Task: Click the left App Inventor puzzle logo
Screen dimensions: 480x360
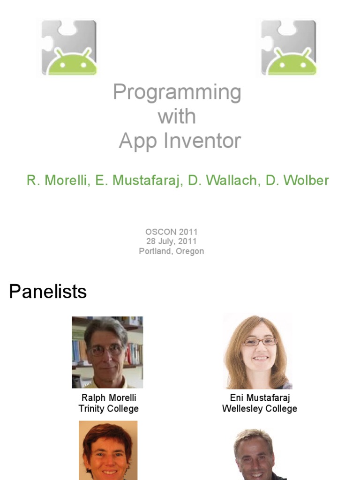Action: [x=69, y=48]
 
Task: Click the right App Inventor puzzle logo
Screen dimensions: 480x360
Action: [x=289, y=48]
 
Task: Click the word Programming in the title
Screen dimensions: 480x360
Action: [x=177, y=92]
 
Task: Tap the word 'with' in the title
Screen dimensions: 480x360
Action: [x=177, y=116]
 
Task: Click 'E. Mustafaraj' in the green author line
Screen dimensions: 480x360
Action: [x=138, y=180]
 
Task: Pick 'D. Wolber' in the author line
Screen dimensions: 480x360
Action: [x=297, y=180]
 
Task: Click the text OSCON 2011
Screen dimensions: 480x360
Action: [x=172, y=232]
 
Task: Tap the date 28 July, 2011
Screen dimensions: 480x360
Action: [x=172, y=241]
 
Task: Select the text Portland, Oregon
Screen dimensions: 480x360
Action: [x=172, y=251]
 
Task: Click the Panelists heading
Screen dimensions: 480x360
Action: [x=48, y=292]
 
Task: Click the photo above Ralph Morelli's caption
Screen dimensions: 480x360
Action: [x=107, y=352]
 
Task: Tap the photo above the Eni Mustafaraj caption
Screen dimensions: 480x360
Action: [x=258, y=352]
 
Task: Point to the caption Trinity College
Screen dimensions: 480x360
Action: [x=108, y=409]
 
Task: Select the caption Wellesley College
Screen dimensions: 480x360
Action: [x=259, y=409]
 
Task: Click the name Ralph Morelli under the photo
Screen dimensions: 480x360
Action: [x=108, y=398]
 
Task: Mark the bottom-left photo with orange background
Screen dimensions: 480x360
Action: [x=108, y=450]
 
